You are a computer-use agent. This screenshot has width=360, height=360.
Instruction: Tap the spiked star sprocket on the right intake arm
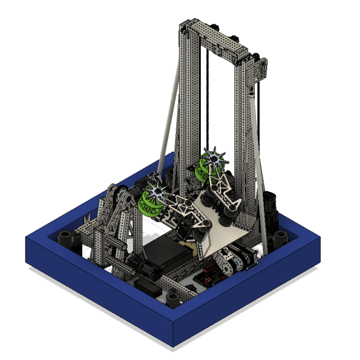(214, 158)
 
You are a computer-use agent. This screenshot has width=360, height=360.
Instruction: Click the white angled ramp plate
(225, 236)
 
